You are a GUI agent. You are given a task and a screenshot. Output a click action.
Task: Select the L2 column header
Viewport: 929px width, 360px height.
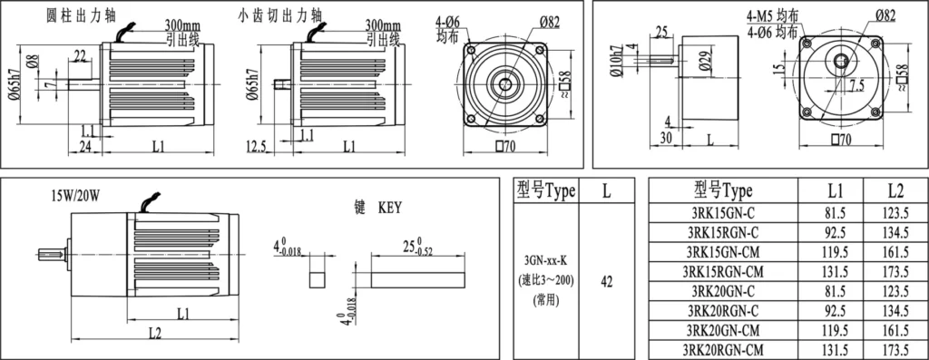coord(895,190)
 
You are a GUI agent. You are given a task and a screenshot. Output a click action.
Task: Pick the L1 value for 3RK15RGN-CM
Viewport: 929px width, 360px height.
coord(836,272)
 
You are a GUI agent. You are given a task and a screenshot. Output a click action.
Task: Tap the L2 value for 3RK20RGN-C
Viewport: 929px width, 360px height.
coord(895,311)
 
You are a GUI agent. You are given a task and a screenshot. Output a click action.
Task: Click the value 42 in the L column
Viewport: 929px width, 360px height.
coord(607,282)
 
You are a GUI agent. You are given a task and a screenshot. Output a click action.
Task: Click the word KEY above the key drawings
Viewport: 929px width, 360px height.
coord(389,208)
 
